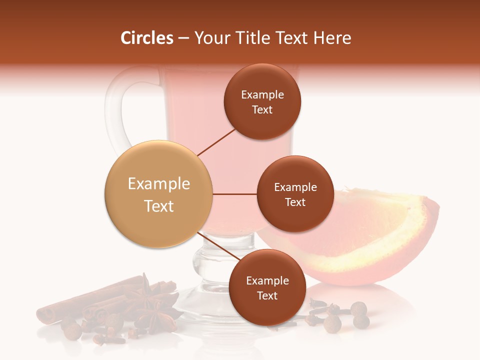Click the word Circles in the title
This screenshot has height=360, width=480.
tap(146, 38)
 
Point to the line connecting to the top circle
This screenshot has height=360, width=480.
tap(217, 142)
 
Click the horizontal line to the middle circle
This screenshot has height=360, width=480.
tap(235, 194)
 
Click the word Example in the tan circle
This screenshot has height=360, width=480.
tap(159, 184)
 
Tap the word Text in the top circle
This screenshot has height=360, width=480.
tap(262, 110)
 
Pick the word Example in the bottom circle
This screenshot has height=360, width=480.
tap(267, 281)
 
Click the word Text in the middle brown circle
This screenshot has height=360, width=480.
tap(295, 202)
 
